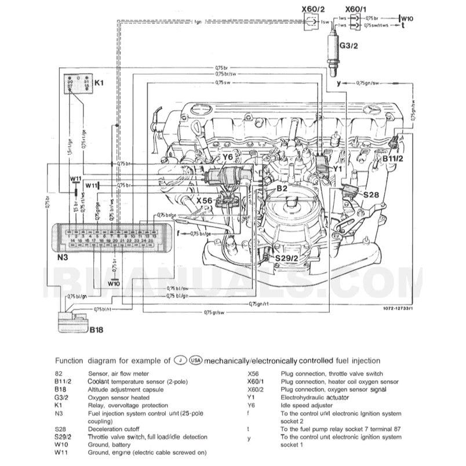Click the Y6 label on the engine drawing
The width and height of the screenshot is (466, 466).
pos(228,157)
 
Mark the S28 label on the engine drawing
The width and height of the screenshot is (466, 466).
pos(371,195)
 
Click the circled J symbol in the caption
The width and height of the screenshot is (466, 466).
pos(181,361)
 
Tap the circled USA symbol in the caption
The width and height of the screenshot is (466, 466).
pos(196,361)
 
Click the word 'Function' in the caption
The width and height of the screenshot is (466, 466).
pos(68,361)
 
